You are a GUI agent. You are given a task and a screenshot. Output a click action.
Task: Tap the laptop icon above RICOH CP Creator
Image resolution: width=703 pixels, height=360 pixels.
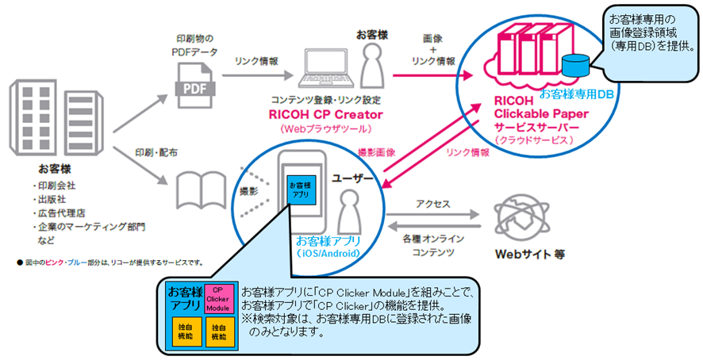coord(325,69)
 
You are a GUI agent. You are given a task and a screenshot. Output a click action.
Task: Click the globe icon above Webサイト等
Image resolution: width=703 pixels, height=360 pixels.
coord(522,218)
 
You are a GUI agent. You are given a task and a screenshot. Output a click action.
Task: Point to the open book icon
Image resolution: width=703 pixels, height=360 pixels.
coord(201,191)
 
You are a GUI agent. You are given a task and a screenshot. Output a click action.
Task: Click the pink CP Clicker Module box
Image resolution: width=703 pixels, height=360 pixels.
coord(218,299)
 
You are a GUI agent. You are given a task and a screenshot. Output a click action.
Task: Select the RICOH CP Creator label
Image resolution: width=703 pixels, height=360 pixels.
coord(325,114)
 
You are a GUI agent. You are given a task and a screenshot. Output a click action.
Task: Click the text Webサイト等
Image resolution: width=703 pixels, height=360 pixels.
coord(529,255)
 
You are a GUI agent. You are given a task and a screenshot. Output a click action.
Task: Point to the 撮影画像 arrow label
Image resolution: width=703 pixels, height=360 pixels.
coord(376,153)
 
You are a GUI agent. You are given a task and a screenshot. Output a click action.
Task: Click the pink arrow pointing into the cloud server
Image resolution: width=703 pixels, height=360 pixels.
coord(433,76)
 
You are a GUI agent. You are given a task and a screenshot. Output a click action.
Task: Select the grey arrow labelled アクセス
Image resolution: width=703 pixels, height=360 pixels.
coord(432,215)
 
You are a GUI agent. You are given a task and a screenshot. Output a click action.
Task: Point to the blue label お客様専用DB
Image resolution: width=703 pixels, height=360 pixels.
coord(576,94)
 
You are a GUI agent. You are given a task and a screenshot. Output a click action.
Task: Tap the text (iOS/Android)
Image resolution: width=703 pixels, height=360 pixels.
coord(328,253)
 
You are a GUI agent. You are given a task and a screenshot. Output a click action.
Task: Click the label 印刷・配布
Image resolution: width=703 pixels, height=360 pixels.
coord(156,153)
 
